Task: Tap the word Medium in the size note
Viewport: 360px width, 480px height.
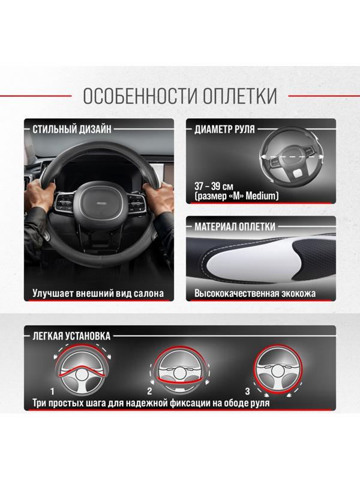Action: point(261,196)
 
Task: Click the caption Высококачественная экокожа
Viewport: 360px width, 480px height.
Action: point(255,295)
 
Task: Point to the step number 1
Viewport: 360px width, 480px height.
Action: point(52,391)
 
